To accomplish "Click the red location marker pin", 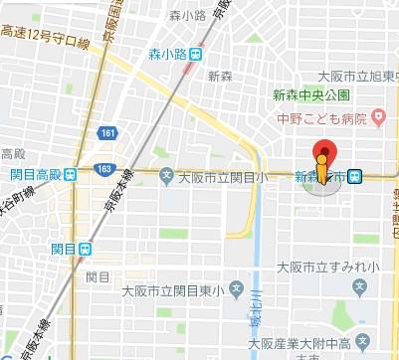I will [321, 161].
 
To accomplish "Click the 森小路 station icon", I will [199, 56].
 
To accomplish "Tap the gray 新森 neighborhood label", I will [221, 76].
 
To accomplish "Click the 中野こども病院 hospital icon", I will [377, 118].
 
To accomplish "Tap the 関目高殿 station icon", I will [71, 175].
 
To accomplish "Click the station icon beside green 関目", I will [88, 249].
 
